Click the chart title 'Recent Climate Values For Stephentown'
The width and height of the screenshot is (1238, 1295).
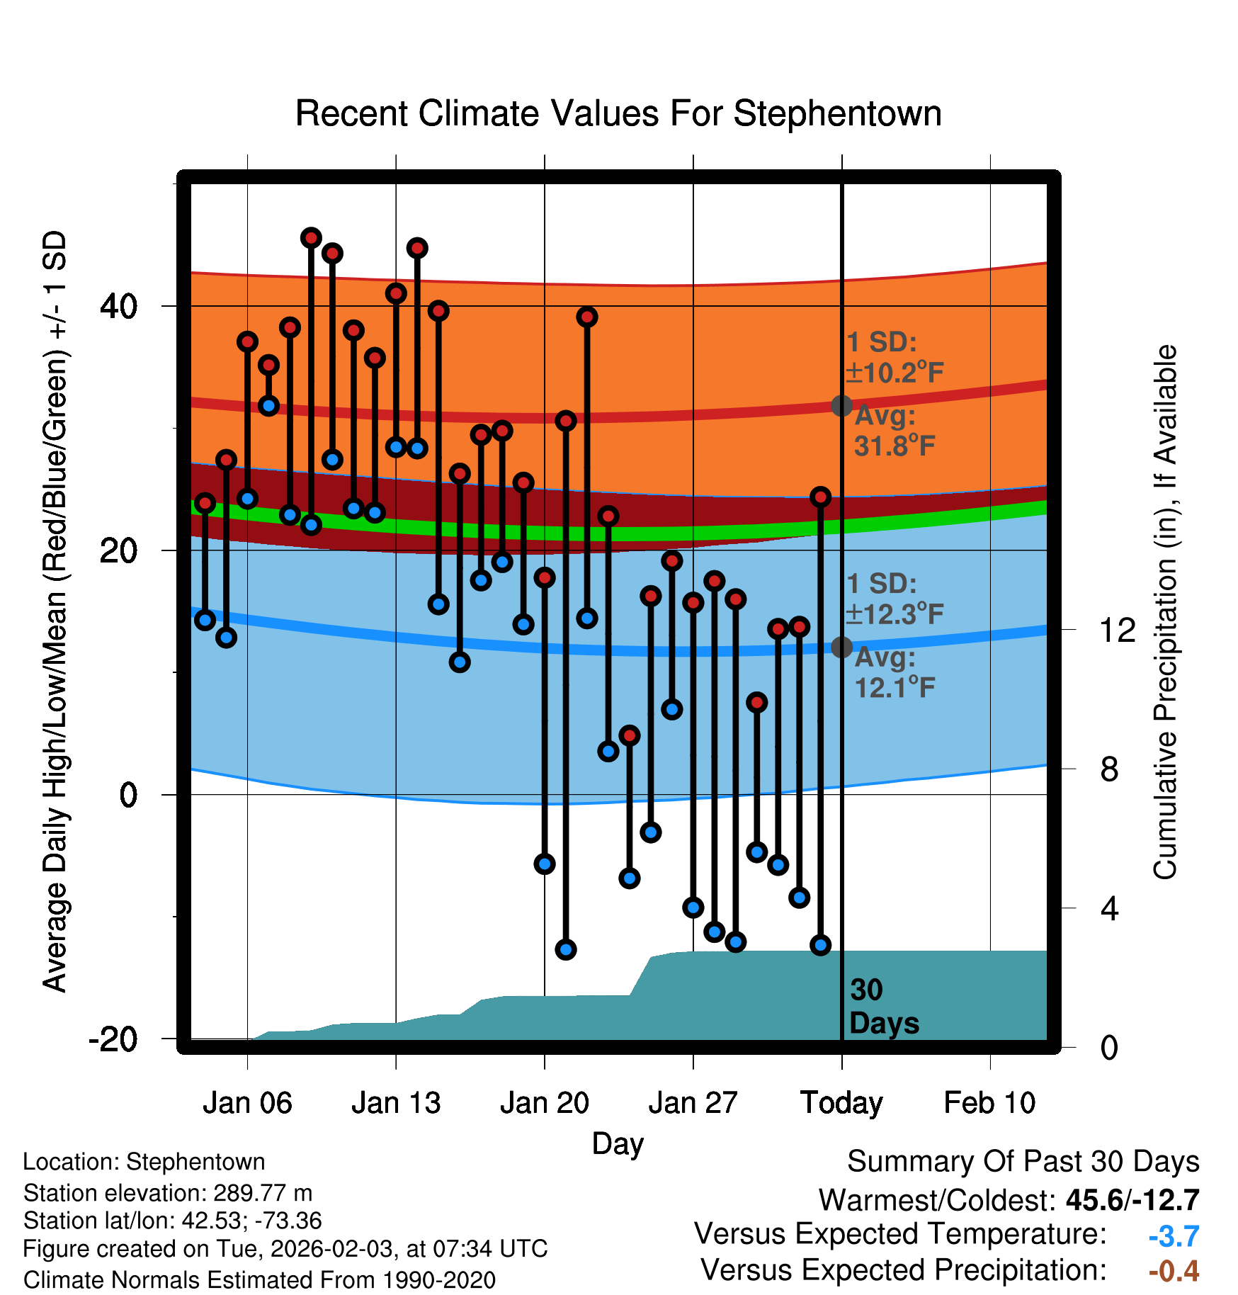coord(618,113)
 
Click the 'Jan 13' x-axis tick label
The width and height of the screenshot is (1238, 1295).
coord(396,1103)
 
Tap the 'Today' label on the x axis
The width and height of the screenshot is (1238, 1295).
coord(841,1103)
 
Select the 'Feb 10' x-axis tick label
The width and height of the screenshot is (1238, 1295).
coord(989,1103)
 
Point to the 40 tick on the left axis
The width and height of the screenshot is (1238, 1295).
coord(118,306)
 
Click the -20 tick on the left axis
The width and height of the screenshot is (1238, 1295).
coord(113,1039)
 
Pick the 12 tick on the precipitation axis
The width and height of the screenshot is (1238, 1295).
coord(1118,630)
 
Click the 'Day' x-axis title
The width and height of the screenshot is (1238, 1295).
coord(618,1143)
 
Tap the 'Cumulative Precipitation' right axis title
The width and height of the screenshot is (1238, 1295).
coord(1165,613)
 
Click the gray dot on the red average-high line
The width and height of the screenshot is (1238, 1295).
coord(841,406)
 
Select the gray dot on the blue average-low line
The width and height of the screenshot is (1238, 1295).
coord(841,647)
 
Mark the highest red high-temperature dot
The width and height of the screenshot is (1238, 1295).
coord(311,238)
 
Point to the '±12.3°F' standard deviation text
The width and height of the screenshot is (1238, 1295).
coord(895,613)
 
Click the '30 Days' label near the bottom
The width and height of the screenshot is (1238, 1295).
coord(883,1007)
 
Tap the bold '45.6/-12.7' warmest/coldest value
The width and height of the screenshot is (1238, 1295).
coord(1132,1200)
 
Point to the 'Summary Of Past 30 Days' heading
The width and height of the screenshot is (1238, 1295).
coord(1023,1162)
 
